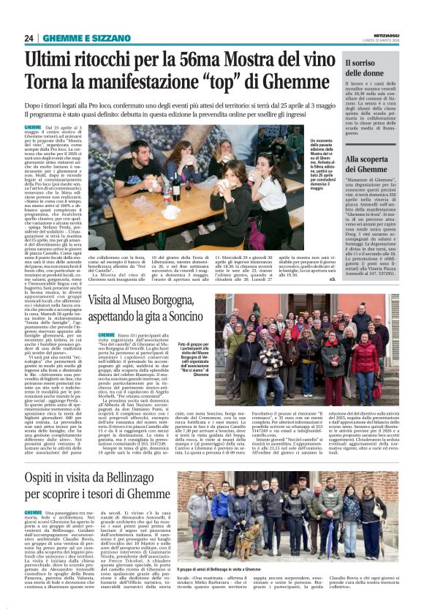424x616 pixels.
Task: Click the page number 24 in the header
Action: click(x=29, y=38)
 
